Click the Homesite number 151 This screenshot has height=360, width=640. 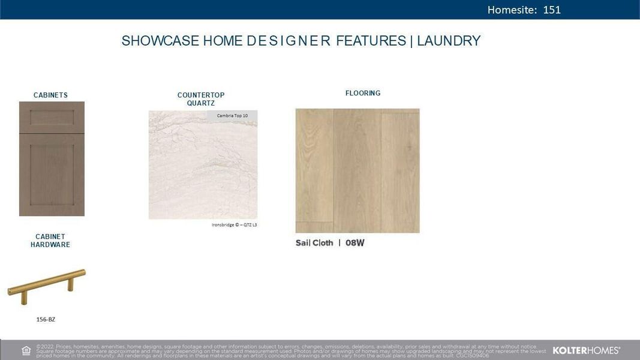551,10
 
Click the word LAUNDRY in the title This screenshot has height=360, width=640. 449,41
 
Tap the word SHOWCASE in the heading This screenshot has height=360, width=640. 160,41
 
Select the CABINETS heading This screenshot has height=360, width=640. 50,95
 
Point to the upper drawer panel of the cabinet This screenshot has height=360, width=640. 52,117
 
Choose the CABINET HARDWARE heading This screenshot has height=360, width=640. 50,241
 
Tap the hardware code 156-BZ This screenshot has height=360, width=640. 46,320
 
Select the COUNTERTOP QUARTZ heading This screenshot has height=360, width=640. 201,99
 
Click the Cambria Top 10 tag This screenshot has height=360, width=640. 232,115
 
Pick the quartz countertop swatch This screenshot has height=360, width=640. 203,171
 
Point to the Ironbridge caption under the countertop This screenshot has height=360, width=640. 234,225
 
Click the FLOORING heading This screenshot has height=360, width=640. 363,93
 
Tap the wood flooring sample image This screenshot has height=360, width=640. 357,170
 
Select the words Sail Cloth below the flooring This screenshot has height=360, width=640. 314,243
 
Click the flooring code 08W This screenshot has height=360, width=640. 355,243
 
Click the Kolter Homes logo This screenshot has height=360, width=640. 586,350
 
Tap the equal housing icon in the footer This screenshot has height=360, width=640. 26,350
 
